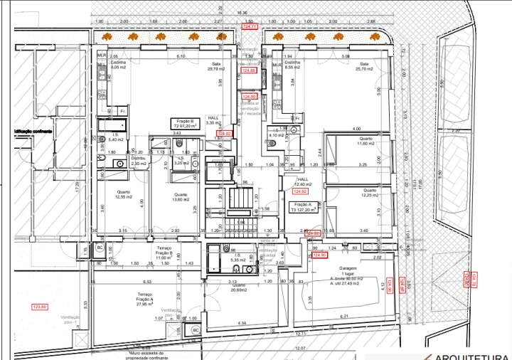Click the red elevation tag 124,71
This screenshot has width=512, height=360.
[x=250, y=27]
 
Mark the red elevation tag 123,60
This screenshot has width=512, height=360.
[x=40, y=307]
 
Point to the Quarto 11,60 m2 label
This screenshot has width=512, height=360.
[x=366, y=141]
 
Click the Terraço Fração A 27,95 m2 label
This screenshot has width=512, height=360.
[x=145, y=298]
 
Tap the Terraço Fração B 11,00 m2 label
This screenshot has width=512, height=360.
[x=165, y=252]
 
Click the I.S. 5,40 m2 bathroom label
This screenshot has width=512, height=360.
[x=115, y=137]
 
